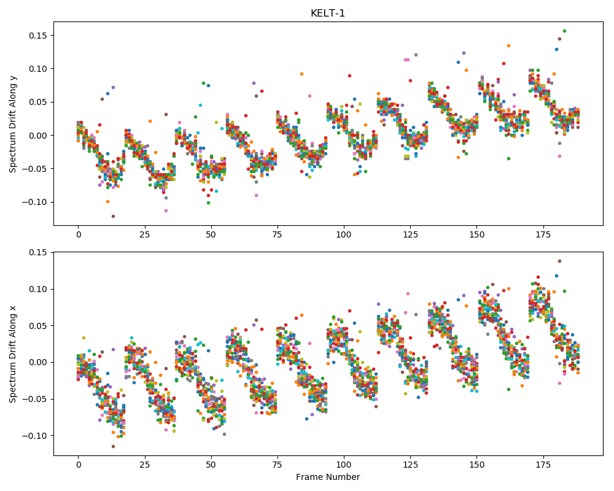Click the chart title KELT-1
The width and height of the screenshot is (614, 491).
click(327, 14)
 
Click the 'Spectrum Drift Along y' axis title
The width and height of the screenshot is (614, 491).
click(13, 124)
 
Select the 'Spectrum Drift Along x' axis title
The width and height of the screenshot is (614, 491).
click(13, 354)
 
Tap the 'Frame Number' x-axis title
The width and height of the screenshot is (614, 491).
click(328, 477)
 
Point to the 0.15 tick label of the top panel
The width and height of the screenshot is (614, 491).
click(38, 36)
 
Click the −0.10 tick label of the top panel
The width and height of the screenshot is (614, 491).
click(35, 203)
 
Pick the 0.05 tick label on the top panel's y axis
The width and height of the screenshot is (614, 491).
click(38, 102)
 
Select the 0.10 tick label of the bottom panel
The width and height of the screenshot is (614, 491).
click(38, 289)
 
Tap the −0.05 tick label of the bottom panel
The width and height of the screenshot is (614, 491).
click(35, 400)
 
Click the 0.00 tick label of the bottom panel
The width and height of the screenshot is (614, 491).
click(38, 363)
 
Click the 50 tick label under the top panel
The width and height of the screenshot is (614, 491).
click(211, 235)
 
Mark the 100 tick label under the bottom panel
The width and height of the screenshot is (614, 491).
click(344, 465)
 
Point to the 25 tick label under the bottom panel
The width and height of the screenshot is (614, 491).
click(144, 465)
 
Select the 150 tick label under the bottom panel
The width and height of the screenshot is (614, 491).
click(476, 465)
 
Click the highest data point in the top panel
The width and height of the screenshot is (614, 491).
click(564, 31)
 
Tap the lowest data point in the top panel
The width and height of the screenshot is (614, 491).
click(113, 216)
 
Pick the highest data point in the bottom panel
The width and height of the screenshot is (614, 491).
click(559, 261)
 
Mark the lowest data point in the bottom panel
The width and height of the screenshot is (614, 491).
click(113, 446)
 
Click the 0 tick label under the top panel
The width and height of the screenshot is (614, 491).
click(79, 235)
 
